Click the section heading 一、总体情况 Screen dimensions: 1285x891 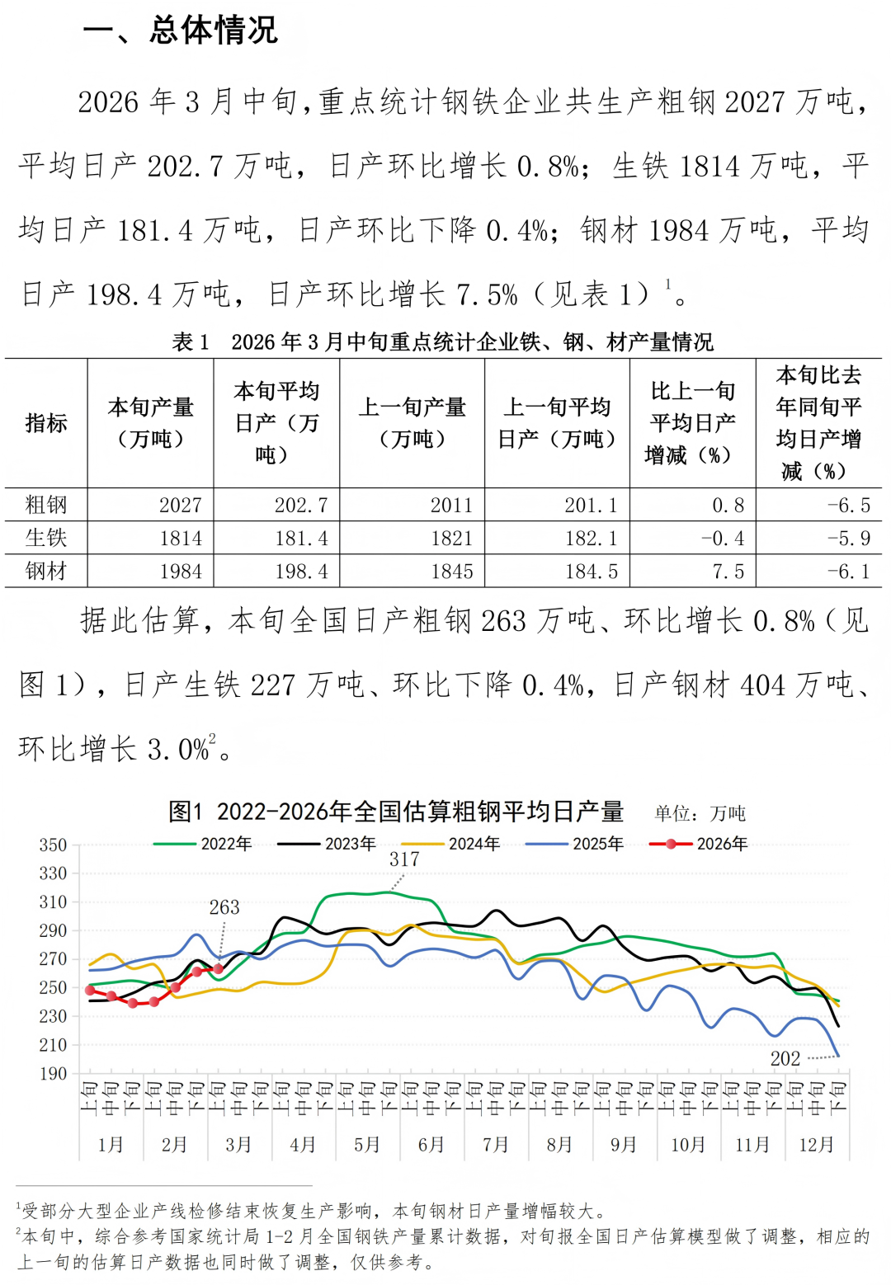click(x=180, y=31)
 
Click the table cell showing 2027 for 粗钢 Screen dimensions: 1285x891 click(x=180, y=505)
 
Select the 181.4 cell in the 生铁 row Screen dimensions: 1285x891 click(x=301, y=539)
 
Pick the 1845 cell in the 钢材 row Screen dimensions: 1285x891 click(x=451, y=572)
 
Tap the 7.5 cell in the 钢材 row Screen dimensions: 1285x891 click(x=728, y=572)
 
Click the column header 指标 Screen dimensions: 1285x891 click(x=46, y=423)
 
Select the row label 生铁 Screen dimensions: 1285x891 click(x=46, y=539)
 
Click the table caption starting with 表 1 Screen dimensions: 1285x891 click(x=443, y=341)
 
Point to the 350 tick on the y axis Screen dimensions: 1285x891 click(x=53, y=845)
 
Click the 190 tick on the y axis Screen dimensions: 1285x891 click(x=53, y=1073)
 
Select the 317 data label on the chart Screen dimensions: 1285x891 click(x=404, y=859)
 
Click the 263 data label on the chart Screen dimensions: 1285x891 click(x=224, y=907)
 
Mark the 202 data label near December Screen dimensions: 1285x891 click(x=785, y=1058)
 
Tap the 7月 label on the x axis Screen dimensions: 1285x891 click(x=496, y=1144)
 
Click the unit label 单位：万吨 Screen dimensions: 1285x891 click(x=700, y=813)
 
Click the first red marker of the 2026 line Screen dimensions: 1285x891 click(x=90, y=990)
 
